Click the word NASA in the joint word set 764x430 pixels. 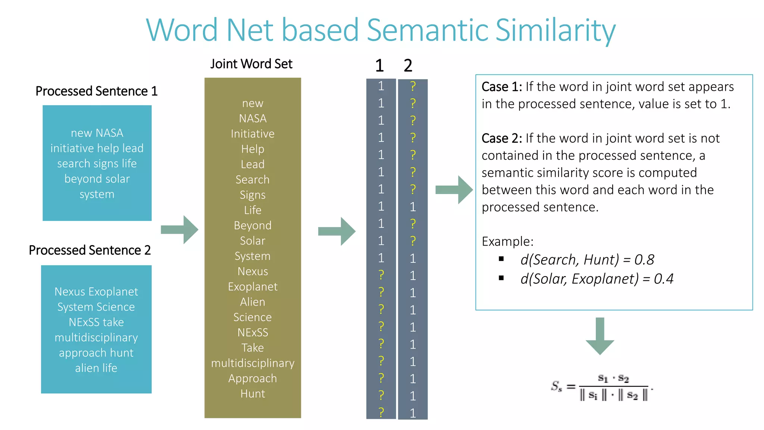(x=253, y=118)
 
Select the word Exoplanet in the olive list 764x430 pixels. (x=253, y=287)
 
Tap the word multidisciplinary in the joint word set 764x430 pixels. (x=253, y=363)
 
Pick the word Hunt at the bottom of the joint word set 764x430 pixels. (x=253, y=394)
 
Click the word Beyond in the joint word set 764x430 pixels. (x=253, y=225)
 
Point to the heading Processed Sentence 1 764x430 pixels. (x=96, y=91)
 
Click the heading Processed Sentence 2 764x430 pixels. (x=90, y=250)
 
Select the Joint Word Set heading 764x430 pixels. (x=251, y=64)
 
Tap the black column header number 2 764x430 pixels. (x=408, y=66)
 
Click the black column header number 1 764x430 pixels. (x=379, y=66)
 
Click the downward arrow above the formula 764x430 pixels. (x=599, y=336)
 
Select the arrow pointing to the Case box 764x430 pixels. (x=454, y=190)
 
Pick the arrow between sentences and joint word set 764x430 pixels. (x=179, y=230)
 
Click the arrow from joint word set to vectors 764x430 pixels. (x=336, y=231)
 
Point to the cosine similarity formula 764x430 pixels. (x=601, y=387)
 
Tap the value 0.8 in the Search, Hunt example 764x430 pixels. (x=644, y=260)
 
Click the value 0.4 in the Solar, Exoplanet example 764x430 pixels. (x=664, y=279)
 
